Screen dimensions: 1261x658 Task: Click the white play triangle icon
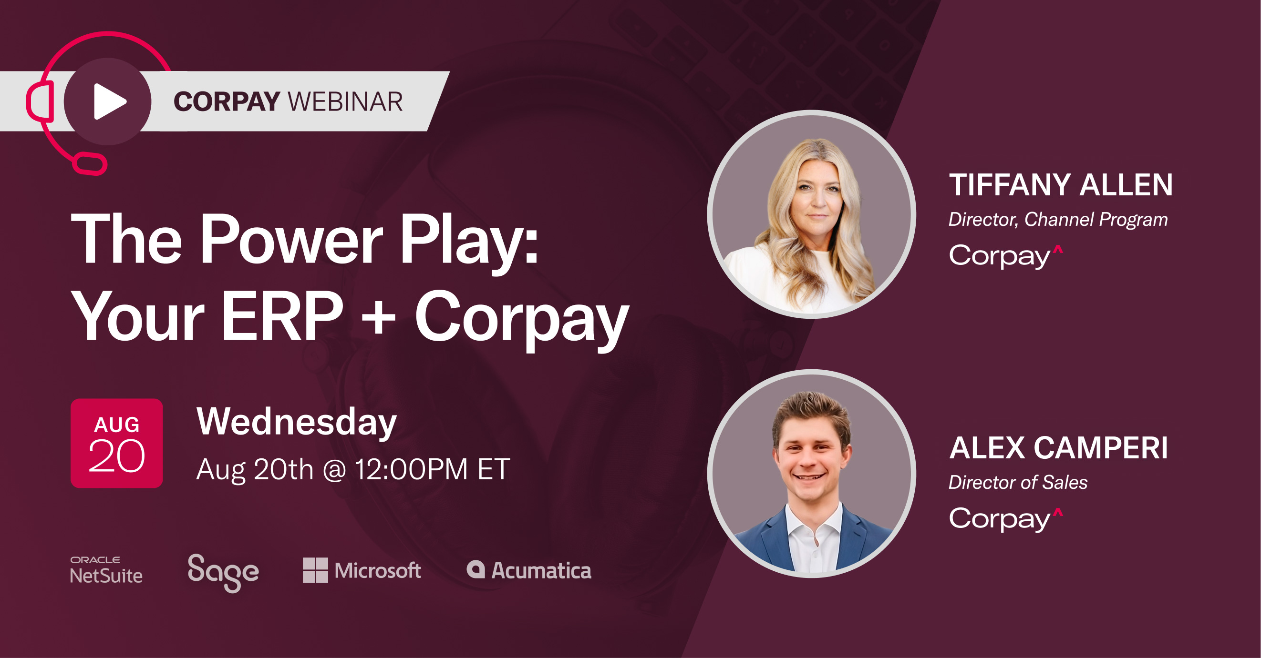pyautogui.click(x=109, y=101)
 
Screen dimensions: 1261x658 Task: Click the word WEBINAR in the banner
pyautogui.click(x=346, y=102)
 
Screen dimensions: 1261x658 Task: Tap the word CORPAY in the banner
pyautogui.click(x=227, y=102)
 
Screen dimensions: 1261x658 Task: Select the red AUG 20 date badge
pyautogui.click(x=116, y=443)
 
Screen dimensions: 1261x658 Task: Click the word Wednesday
pyautogui.click(x=296, y=422)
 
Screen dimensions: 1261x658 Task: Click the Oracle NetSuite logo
pyautogui.click(x=106, y=570)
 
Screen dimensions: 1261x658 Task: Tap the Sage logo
pyautogui.click(x=223, y=572)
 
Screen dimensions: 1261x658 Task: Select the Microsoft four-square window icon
pyautogui.click(x=315, y=570)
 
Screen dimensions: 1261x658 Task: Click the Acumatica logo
pyautogui.click(x=529, y=570)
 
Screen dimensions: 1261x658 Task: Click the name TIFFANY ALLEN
pyautogui.click(x=1061, y=185)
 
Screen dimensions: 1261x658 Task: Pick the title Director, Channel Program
pyautogui.click(x=1058, y=220)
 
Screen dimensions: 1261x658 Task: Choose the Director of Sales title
pyautogui.click(x=1018, y=482)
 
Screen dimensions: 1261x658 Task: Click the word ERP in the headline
pyautogui.click(x=282, y=316)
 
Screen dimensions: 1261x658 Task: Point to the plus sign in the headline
pyautogui.click(x=378, y=318)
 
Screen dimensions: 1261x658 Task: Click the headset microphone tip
pyautogui.click(x=90, y=164)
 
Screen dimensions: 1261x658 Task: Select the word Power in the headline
pyautogui.click(x=291, y=240)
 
